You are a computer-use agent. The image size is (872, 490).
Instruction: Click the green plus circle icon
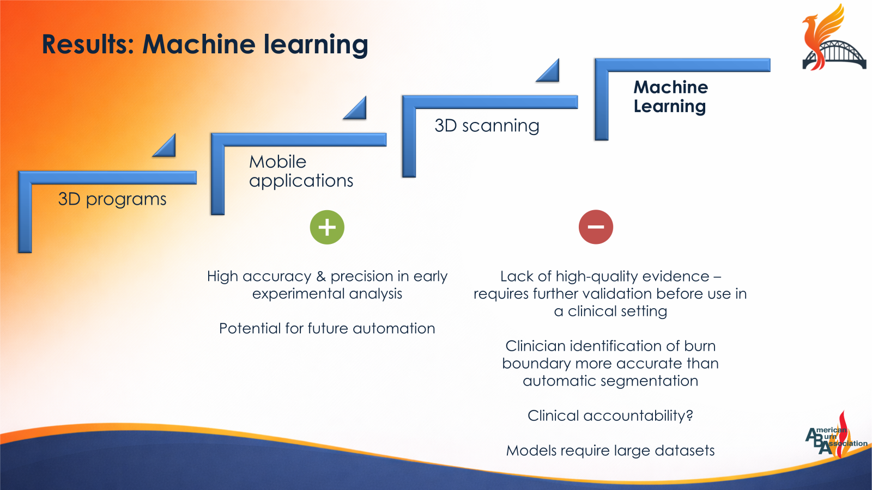327,227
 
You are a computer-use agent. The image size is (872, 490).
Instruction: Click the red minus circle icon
596,227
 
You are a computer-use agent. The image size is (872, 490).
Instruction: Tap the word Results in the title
87,45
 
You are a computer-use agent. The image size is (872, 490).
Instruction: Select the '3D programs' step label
112,199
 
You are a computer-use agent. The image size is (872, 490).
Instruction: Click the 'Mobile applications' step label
301,171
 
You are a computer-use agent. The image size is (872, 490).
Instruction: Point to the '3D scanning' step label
487,126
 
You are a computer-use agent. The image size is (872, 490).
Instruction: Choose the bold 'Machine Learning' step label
670,96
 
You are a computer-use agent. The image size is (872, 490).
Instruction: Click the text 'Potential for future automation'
327,328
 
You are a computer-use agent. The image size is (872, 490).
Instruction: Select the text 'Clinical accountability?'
610,415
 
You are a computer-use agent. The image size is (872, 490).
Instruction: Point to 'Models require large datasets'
610,450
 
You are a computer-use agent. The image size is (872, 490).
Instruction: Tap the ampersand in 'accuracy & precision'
321,277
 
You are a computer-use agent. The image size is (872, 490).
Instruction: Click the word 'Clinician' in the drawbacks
535,346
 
